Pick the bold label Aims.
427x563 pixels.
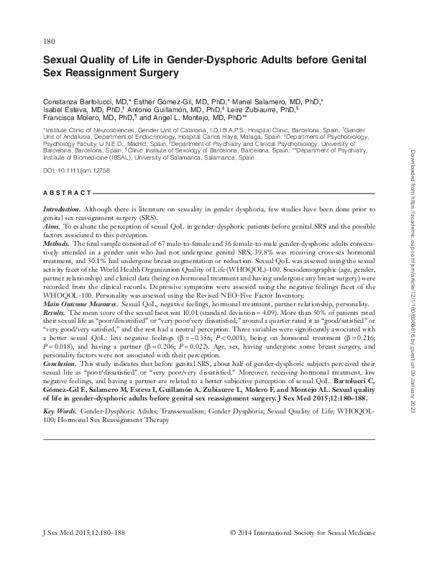pos(52,225)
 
